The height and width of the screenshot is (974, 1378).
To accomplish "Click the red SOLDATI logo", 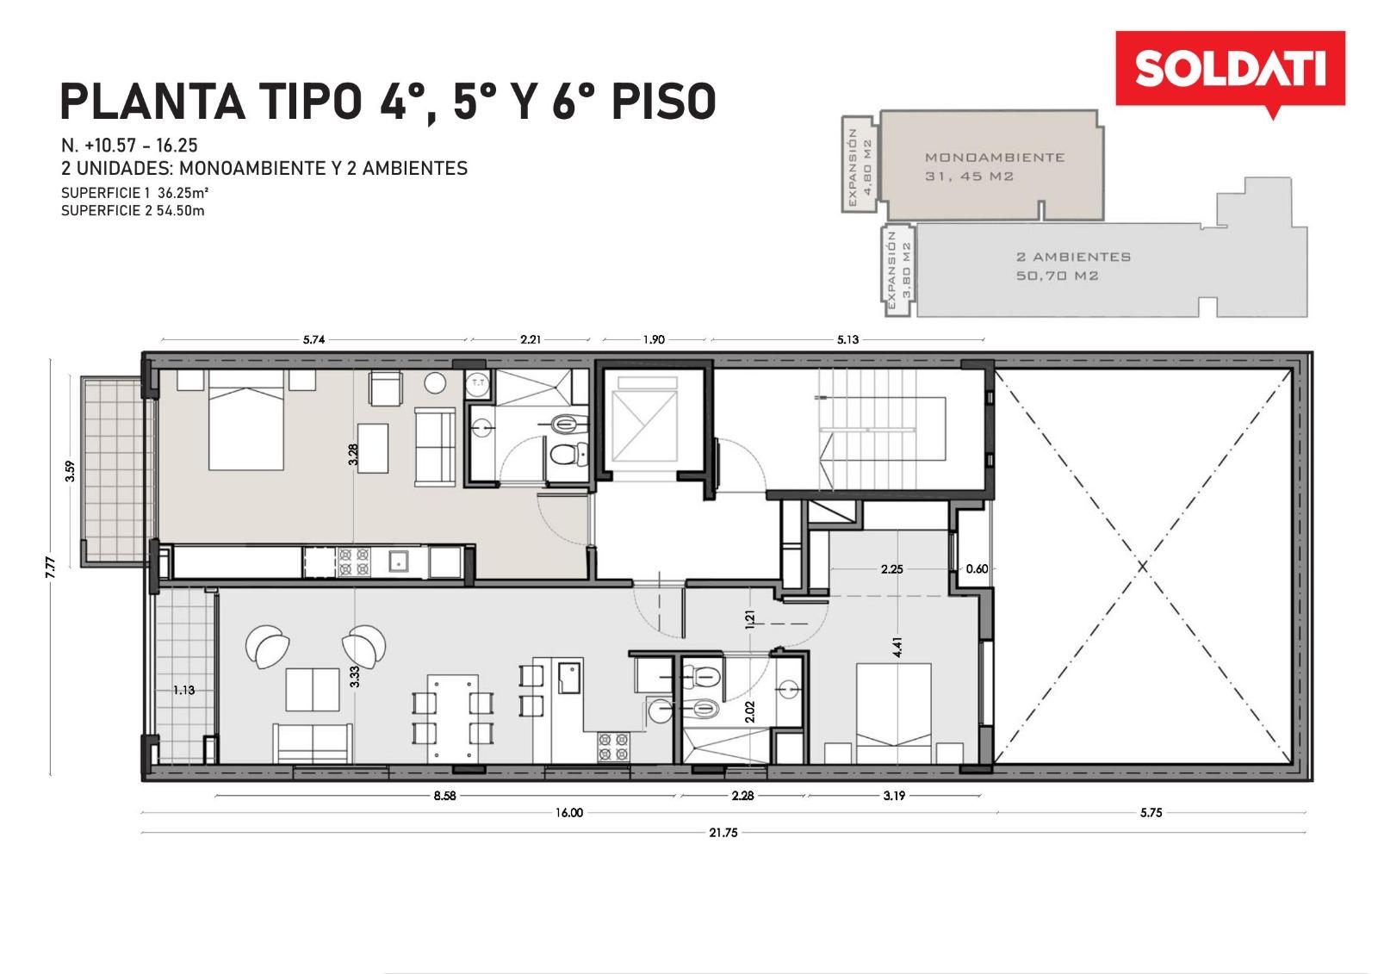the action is [1231, 72].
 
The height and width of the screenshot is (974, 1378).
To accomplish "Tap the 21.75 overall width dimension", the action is [723, 833].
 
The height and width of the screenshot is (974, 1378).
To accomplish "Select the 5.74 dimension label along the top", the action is [313, 339].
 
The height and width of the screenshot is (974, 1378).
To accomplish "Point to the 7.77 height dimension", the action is [51, 567].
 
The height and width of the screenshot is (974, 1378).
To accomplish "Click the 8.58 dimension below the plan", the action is [444, 796].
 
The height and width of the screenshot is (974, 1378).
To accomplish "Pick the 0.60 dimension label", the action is [977, 569].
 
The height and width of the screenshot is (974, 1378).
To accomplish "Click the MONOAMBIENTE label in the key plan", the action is [995, 158].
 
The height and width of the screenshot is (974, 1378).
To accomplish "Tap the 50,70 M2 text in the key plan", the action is [1057, 276].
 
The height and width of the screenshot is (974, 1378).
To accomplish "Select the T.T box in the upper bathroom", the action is [478, 383].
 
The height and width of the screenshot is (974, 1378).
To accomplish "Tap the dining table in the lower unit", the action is [453, 718].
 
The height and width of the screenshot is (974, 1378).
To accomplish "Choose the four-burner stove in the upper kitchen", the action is [354, 561].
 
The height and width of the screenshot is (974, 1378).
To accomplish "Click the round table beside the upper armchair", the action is [435, 383].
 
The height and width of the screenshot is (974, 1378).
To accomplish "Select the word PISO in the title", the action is [664, 102].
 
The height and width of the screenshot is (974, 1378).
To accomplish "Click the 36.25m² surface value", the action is [183, 193].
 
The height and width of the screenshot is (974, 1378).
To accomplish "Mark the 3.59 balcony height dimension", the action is [70, 471].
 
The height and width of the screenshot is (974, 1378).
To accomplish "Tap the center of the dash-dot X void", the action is [1143, 566].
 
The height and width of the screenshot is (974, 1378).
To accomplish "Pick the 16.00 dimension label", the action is [569, 813].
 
